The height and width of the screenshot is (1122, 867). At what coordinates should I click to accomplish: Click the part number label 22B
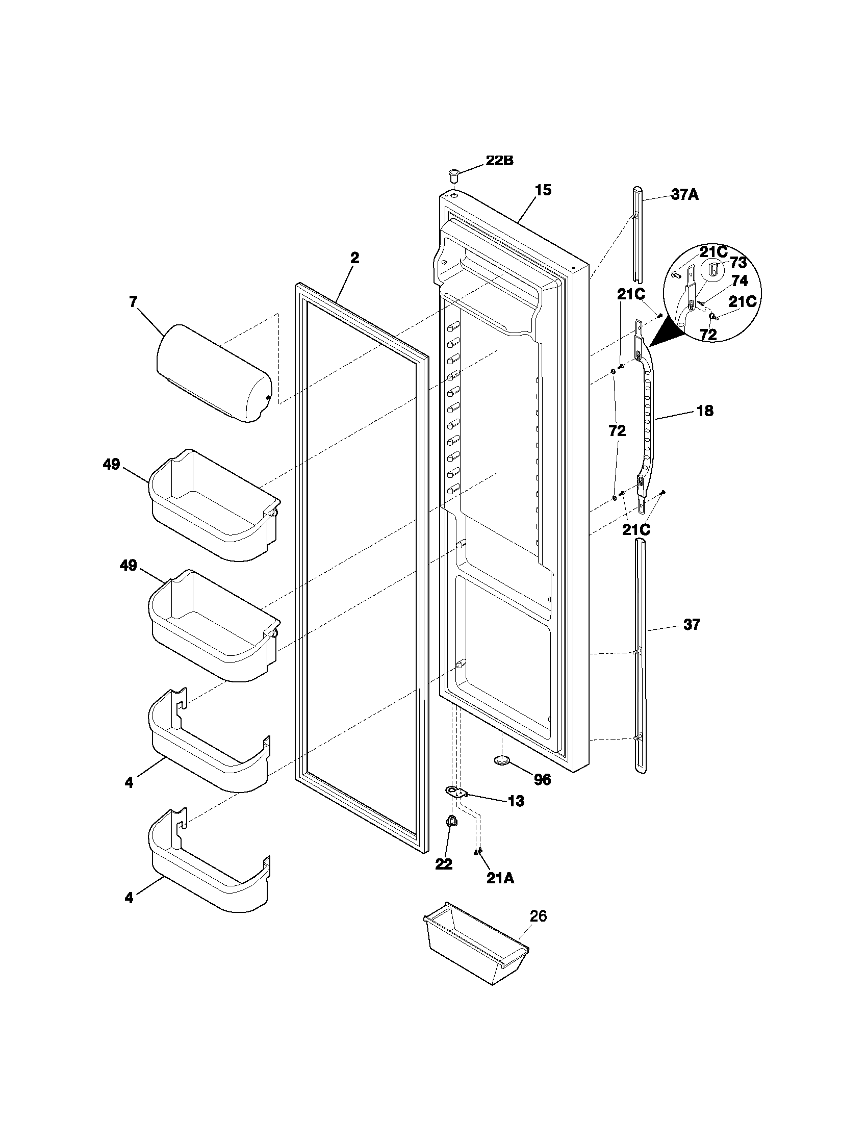499,161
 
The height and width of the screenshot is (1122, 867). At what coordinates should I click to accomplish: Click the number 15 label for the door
543,190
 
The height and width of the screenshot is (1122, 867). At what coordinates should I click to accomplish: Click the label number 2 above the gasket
354,258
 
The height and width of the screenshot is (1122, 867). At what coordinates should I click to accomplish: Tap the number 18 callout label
705,411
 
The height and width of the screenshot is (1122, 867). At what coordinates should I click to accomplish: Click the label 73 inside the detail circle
738,263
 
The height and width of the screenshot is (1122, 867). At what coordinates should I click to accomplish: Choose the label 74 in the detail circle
739,281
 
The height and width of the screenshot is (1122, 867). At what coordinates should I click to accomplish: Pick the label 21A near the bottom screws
500,879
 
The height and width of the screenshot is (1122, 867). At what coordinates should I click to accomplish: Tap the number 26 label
538,916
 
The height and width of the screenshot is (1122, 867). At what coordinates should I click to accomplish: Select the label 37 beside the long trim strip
692,625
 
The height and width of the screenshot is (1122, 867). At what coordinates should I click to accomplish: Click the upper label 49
112,465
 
